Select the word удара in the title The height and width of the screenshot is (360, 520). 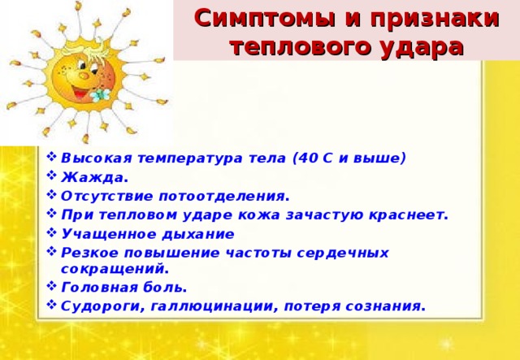point(418,46)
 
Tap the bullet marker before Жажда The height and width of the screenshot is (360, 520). point(52,177)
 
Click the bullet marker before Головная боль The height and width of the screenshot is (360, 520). point(52,287)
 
